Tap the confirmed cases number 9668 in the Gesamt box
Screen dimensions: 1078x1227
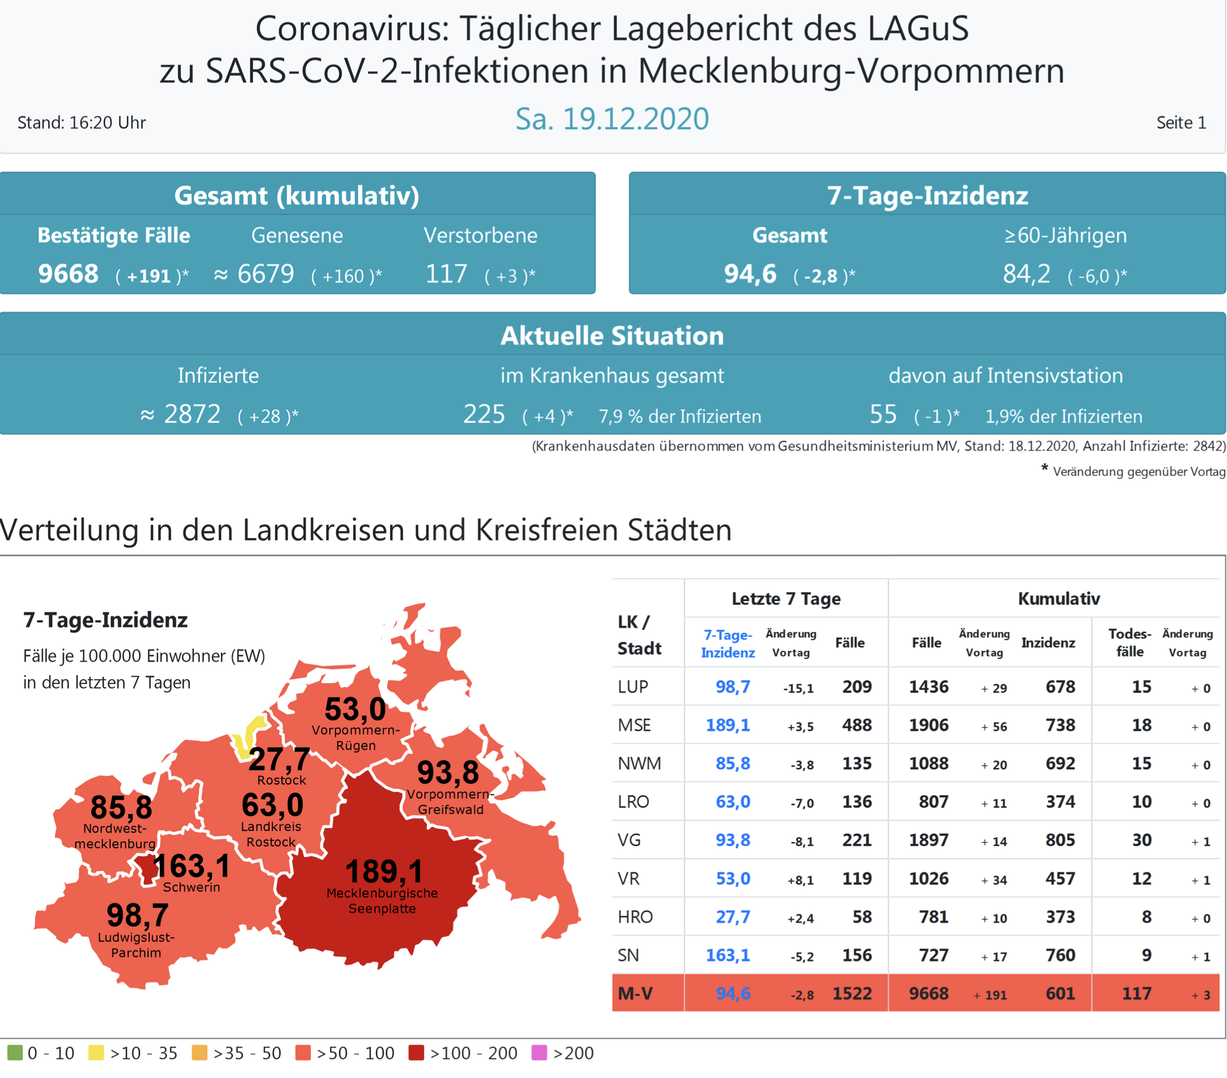pos(68,274)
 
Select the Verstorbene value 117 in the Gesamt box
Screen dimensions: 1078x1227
pos(446,274)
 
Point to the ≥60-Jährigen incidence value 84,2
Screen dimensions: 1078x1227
pos(1026,274)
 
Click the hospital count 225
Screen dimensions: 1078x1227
pos(484,414)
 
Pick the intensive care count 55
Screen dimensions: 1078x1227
pos(883,414)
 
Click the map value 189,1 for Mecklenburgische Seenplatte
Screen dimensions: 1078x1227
pos(384,871)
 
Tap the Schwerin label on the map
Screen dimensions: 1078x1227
pos(192,887)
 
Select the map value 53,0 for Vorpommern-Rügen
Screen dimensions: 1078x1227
pos(355,709)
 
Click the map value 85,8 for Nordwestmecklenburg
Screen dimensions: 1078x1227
pos(121,808)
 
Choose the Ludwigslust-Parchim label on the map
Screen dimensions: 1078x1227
pos(136,945)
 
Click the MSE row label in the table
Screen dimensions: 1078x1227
pos(634,725)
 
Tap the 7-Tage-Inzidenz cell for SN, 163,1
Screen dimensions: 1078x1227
pos(728,955)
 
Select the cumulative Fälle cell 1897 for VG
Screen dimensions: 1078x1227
pos(929,840)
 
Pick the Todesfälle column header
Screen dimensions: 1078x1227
pos(1129,642)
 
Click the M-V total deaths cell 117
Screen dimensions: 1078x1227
pos(1137,993)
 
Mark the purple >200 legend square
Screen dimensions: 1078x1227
pos(539,1053)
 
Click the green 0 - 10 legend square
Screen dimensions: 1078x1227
pos(15,1053)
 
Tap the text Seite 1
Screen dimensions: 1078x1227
pos(1181,123)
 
